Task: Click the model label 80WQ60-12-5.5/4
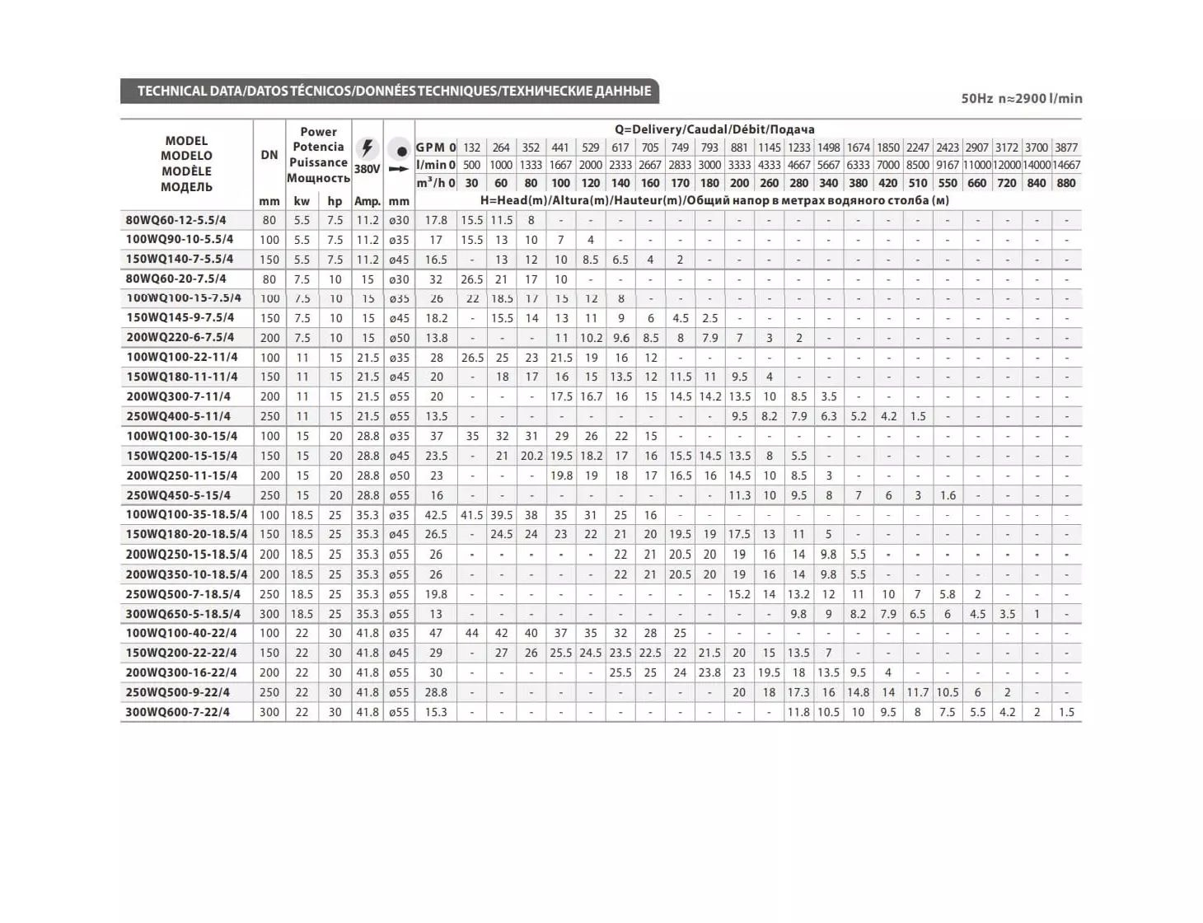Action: (176, 220)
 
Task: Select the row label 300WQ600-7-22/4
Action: (177, 712)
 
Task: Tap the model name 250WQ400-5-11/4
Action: (178, 416)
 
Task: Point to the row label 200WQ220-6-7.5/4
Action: (180, 337)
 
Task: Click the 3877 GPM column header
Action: (1066, 148)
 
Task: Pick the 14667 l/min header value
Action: (1066, 165)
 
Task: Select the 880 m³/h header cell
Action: (1066, 183)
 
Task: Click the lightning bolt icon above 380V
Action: (367, 148)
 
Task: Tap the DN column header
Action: (269, 155)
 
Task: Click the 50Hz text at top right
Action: (976, 98)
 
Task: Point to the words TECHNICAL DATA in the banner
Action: (189, 91)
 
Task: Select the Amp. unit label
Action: (367, 201)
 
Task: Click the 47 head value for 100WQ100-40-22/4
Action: (436, 633)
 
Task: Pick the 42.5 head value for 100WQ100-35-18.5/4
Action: (436, 515)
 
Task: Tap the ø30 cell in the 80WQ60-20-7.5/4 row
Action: (399, 279)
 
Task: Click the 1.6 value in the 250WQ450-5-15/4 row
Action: (948, 495)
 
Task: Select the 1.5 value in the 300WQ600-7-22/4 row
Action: (1066, 712)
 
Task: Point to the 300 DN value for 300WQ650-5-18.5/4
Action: (269, 614)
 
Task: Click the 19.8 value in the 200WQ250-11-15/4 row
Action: (561, 476)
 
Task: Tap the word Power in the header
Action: (318, 132)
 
